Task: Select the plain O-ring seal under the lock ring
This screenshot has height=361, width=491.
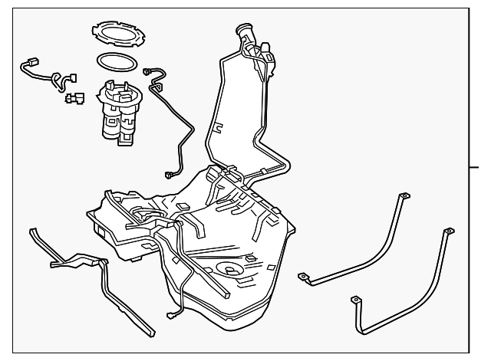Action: [x=117, y=61]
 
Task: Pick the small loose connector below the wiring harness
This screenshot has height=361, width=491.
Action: [x=74, y=97]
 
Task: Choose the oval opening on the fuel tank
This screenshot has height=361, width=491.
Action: [x=230, y=269]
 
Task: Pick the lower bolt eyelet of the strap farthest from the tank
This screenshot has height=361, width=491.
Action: [x=355, y=300]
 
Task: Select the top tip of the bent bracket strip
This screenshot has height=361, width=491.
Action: [x=32, y=230]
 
